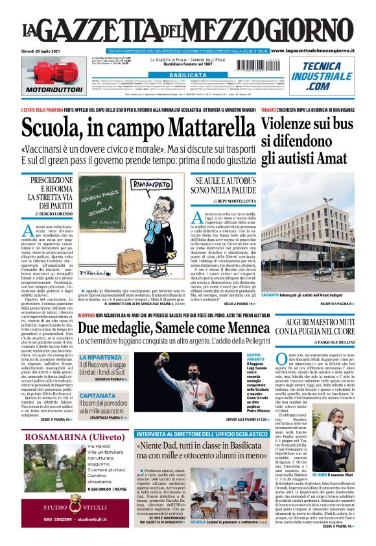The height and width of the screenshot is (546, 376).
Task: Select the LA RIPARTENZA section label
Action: click(100, 357)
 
